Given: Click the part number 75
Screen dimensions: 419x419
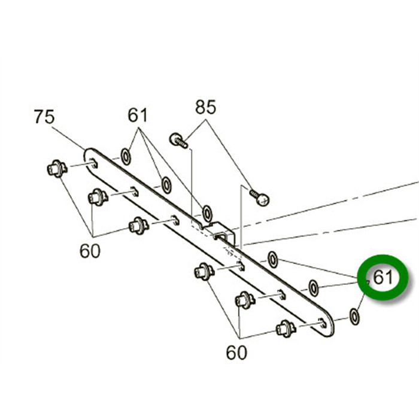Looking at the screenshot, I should click(x=44, y=117).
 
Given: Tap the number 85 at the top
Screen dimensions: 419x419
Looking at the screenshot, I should click(x=205, y=108).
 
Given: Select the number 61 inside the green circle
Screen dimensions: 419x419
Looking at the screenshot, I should click(x=383, y=278).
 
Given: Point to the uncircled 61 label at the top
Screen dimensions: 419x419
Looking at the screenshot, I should click(x=138, y=114).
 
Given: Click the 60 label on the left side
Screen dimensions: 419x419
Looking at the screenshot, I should click(x=90, y=251).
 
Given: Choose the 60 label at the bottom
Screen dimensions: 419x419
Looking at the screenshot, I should click(x=236, y=353).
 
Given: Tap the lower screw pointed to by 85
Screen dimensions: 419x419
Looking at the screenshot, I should click(x=260, y=198).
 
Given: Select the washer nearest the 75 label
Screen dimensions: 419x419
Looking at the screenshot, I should click(x=126, y=157).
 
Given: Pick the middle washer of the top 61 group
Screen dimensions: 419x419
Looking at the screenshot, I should click(x=166, y=185).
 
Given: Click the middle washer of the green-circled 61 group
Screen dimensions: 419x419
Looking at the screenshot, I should click(x=314, y=288).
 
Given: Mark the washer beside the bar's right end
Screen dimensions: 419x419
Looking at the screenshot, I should click(x=354, y=316).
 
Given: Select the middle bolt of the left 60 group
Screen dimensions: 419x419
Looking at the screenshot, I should click(x=98, y=196).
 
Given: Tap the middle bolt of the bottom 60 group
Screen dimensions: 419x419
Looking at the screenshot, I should click(x=244, y=299).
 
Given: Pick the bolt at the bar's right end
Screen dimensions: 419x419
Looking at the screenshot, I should click(x=285, y=328).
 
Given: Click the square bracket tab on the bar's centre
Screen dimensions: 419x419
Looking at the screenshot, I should click(x=222, y=232).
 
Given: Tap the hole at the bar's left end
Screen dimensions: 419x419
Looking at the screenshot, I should click(x=94, y=160).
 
